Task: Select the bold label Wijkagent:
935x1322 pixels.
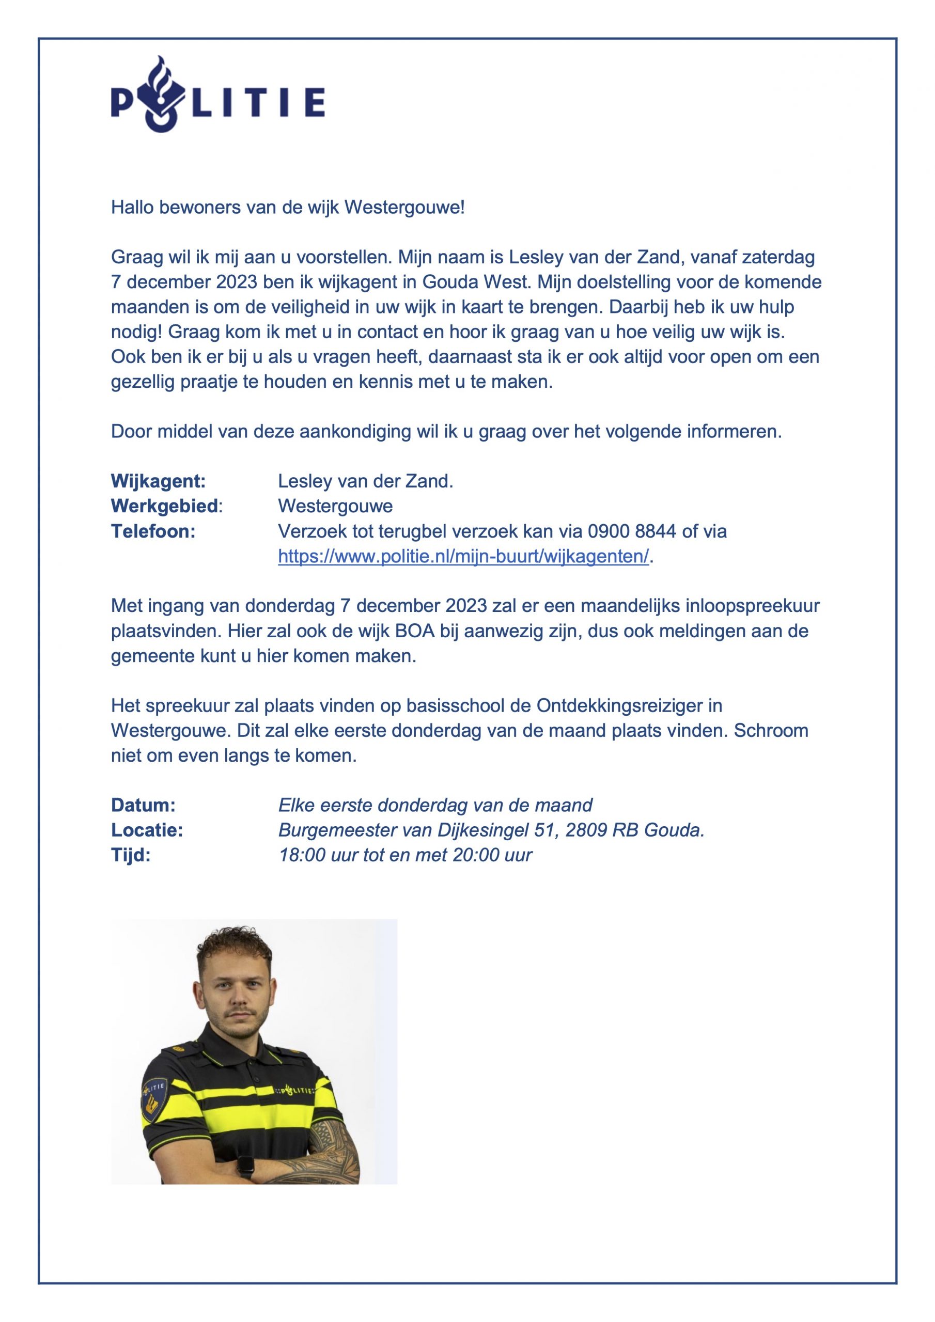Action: (x=158, y=481)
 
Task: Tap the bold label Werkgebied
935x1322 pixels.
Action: (x=165, y=506)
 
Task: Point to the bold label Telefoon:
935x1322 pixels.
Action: (x=153, y=531)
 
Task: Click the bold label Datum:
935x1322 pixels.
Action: (x=143, y=805)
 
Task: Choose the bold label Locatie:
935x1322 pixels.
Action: (x=147, y=830)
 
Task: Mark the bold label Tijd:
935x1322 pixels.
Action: (x=131, y=855)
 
